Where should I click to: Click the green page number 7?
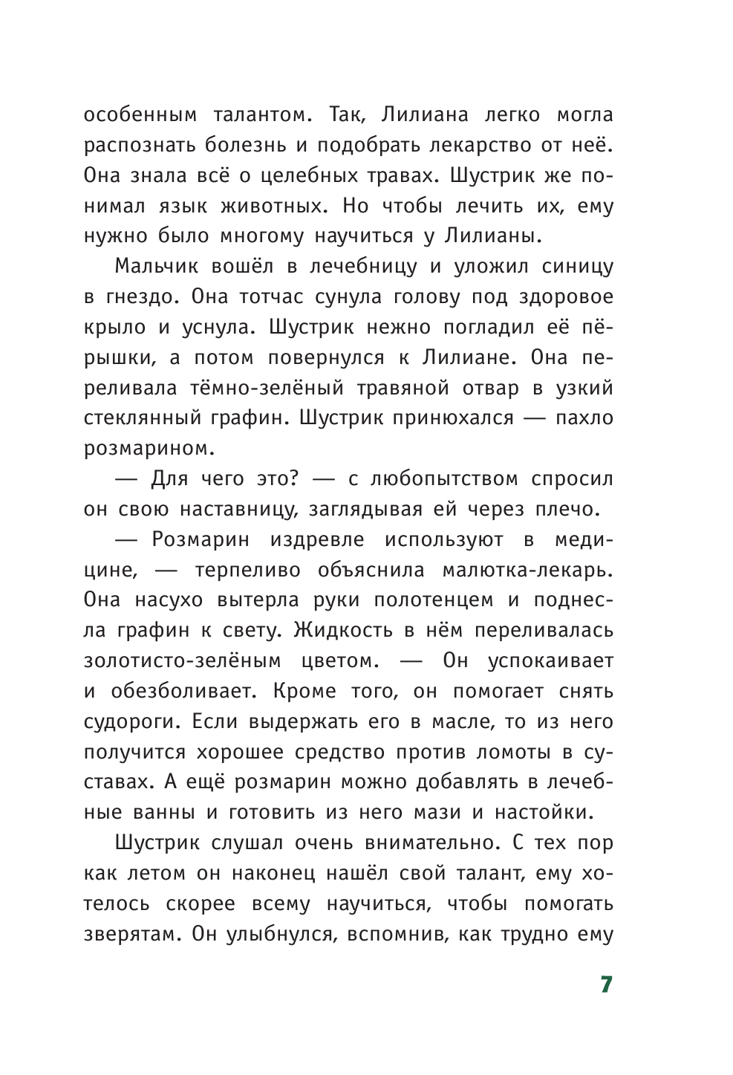tap(605, 984)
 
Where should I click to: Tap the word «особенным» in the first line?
tap(140, 115)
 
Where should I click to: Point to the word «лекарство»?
tap(472, 146)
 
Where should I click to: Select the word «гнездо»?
tap(140, 297)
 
